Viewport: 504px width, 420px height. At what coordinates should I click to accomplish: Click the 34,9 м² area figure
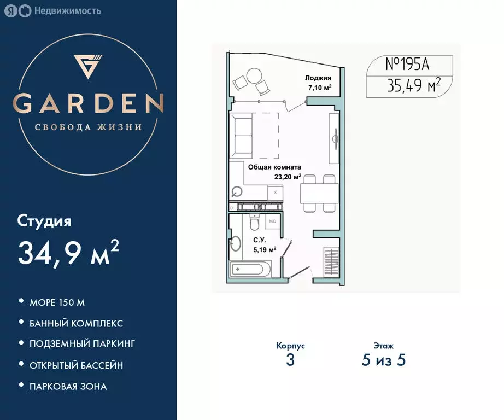tap(69, 252)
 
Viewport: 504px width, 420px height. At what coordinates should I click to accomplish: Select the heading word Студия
tap(44, 221)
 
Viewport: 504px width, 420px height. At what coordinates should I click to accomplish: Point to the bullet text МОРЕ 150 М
tap(58, 302)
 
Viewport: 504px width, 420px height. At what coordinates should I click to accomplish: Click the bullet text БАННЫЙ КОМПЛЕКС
tap(77, 323)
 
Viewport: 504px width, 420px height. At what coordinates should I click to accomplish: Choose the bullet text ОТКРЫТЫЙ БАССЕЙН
tap(77, 365)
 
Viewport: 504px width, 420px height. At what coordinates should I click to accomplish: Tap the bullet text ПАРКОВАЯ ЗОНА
tap(68, 386)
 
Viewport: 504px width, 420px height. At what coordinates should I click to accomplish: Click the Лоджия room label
tap(319, 78)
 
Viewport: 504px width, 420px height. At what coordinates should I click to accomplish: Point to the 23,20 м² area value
tap(289, 177)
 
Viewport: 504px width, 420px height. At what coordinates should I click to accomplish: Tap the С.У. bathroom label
tap(260, 240)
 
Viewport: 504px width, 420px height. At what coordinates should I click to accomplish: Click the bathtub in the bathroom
tap(249, 270)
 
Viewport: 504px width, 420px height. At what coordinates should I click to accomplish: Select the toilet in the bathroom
tap(254, 224)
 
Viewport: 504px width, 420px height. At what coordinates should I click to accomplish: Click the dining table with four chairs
tap(319, 192)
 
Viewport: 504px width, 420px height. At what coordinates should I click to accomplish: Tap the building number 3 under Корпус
tap(290, 360)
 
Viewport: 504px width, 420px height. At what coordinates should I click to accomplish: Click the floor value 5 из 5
tap(384, 360)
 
